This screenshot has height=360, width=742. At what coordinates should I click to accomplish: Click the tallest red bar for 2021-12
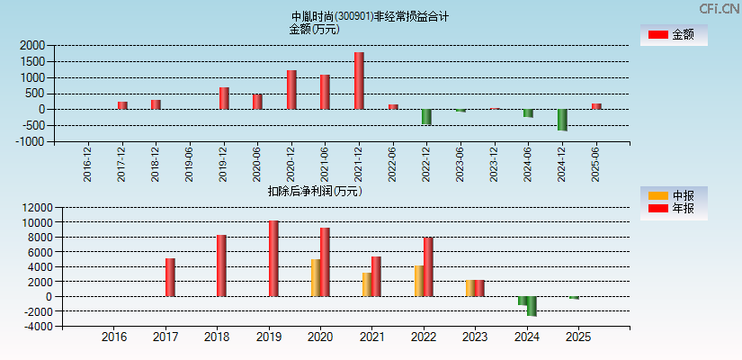[x=359, y=81]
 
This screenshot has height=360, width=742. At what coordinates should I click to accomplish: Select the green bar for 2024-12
[x=562, y=120]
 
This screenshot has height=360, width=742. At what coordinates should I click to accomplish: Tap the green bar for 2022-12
[x=426, y=117]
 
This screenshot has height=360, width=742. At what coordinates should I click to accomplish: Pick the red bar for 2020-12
[x=291, y=90]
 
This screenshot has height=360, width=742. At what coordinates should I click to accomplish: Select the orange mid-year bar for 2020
[x=316, y=278]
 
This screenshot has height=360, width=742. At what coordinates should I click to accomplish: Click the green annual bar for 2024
[x=532, y=306]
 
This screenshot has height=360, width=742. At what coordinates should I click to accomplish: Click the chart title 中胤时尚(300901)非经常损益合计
[x=370, y=16]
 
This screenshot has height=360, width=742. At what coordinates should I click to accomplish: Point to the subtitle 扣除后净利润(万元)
[x=314, y=191]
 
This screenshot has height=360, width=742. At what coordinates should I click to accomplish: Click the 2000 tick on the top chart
[x=31, y=45]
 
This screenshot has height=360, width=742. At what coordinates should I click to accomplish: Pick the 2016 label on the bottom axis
[x=114, y=337]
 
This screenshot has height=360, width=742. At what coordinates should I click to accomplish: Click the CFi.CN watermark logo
[x=719, y=8]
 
